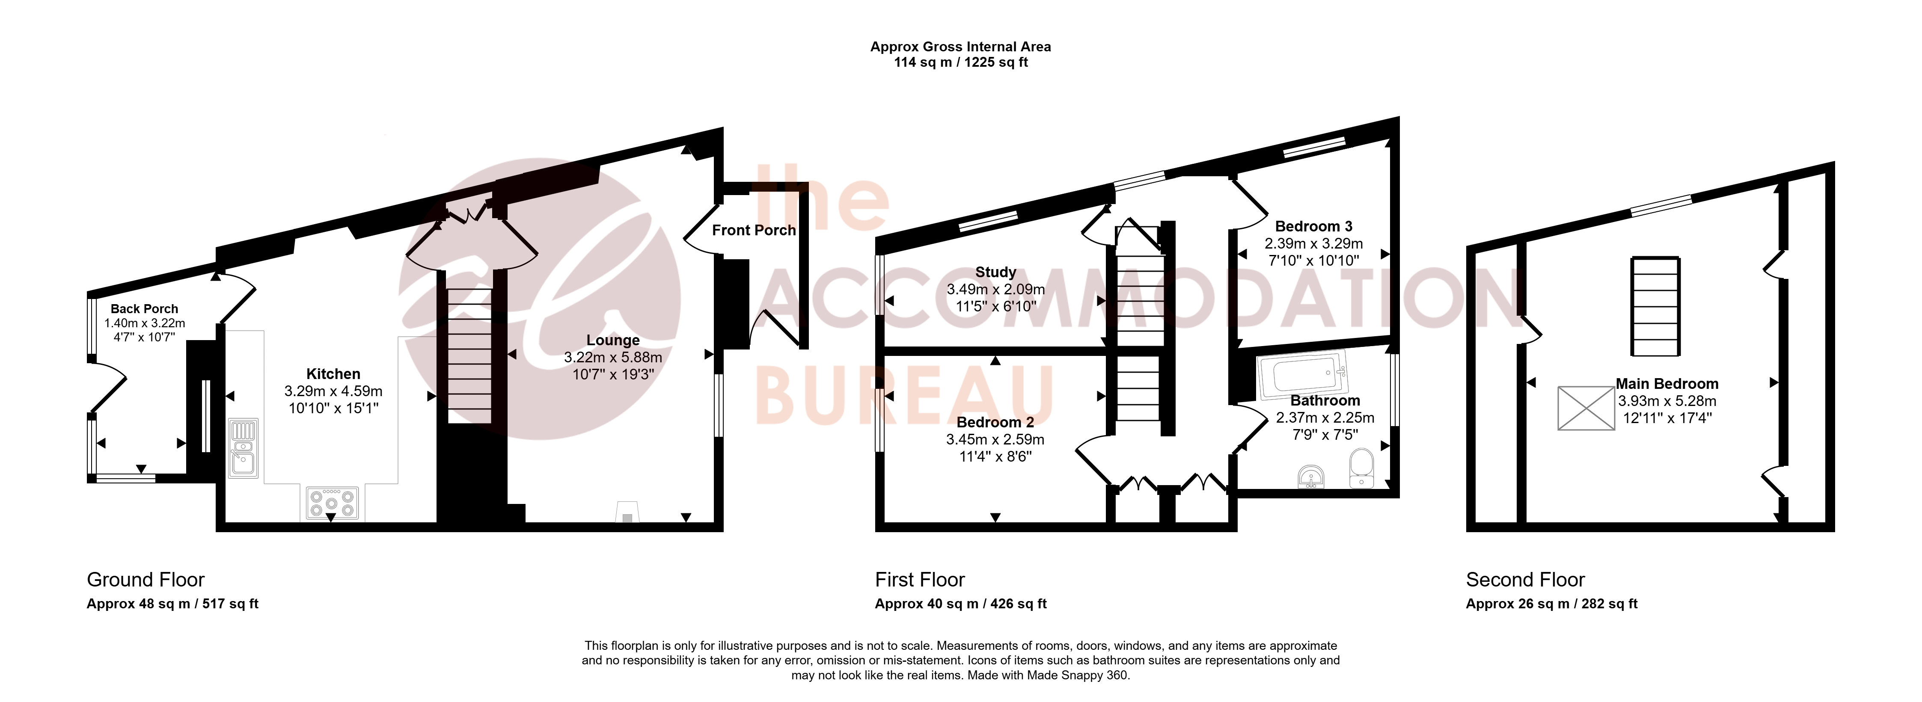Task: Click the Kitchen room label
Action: [x=333, y=374]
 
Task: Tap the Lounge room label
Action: [x=612, y=340]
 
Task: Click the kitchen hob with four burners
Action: [x=332, y=503]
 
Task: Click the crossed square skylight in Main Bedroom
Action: [x=1586, y=408]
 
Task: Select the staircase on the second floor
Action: [x=1656, y=307]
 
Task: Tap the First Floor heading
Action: [x=920, y=580]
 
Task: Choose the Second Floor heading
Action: [x=1525, y=580]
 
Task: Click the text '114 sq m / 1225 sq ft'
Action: [x=961, y=62]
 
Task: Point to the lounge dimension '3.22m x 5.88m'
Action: [x=612, y=357]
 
